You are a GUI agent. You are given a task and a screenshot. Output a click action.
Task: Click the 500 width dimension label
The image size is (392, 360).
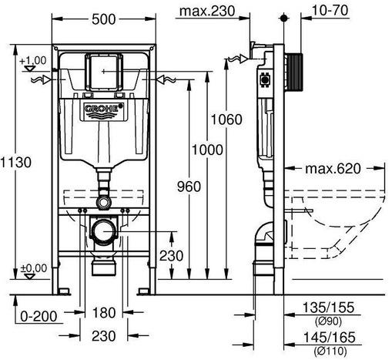coord(104,19)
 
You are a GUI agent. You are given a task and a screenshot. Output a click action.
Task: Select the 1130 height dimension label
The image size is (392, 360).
coord(16,162)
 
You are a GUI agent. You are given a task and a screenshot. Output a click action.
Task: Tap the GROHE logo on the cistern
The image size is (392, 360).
coord(104,109)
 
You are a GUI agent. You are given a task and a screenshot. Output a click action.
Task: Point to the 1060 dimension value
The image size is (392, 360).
coord(226,119)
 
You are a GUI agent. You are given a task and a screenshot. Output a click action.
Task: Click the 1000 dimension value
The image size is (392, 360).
coord(207,150)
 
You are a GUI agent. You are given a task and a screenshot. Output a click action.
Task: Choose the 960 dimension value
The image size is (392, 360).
coord(189,187)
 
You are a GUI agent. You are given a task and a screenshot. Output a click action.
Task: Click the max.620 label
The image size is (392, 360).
coord(333,169)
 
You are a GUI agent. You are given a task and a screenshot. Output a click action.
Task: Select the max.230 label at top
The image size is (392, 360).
coord(207,11)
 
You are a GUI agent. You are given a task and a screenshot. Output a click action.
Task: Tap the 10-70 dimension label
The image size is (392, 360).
coord(330,10)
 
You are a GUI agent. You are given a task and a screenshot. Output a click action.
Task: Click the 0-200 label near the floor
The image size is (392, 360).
coord(39,316)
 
